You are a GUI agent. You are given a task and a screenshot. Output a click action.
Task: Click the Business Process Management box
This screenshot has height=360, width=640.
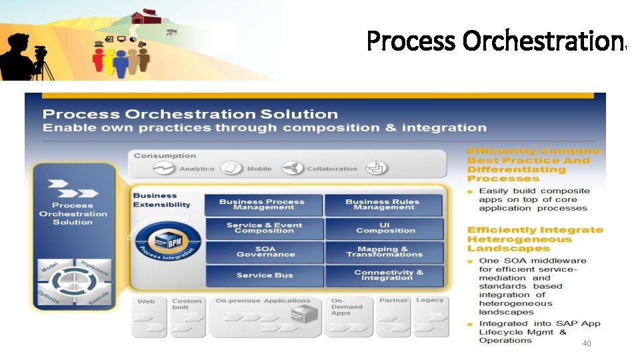tap(262, 205)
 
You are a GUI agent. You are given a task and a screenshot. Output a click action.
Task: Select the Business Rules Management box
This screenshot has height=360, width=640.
tap(383, 205)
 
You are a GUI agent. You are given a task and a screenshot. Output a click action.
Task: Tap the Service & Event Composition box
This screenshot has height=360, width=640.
tap(264, 228)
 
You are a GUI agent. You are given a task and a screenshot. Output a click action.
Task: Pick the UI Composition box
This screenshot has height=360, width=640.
tap(385, 228)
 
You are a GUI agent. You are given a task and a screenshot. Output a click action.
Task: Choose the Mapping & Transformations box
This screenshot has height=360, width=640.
tap(385, 251)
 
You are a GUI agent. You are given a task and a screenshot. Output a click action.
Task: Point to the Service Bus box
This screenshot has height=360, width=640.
tap(265, 275)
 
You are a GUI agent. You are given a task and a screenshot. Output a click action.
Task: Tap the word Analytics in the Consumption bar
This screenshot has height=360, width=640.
tap(197, 169)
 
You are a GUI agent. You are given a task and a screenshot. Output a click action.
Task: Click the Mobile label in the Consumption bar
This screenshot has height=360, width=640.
tap(259, 169)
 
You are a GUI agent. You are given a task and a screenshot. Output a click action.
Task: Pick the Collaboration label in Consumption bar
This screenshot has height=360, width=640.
tap(332, 169)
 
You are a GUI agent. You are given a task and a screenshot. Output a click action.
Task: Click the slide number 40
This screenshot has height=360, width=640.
tap(587, 343)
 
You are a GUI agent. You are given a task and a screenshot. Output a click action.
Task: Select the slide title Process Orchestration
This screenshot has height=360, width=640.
tap(496, 41)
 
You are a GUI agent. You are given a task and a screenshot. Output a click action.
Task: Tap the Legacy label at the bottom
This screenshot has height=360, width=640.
tap(429, 301)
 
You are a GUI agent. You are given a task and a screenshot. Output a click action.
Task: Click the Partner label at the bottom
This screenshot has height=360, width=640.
tap(393, 301)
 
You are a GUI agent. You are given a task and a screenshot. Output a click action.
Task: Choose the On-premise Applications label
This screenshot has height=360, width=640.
tap(263, 301)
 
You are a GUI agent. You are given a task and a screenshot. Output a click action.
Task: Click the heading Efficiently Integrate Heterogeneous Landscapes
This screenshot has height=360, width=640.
tap(535, 239)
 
